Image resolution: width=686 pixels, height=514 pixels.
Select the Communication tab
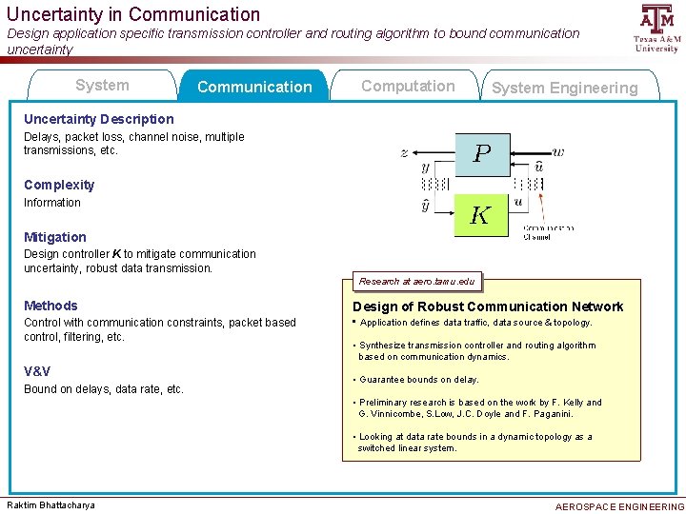click(254, 87)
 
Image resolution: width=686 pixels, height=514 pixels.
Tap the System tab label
click(102, 86)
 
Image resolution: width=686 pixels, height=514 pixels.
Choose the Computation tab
click(408, 86)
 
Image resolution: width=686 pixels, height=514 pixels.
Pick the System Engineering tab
click(565, 88)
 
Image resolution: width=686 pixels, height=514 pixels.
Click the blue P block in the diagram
click(482, 152)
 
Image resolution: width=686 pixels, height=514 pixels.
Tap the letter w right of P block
click(558, 151)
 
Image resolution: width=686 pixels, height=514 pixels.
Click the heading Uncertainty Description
click(99, 119)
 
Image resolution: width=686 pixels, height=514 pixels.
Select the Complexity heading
click(59, 185)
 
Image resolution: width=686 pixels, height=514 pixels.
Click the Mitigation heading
click(55, 237)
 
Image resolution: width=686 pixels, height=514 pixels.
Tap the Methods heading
click(50, 306)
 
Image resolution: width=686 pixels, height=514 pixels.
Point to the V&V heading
click(37, 371)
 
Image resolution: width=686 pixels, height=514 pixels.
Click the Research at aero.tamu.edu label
click(416, 282)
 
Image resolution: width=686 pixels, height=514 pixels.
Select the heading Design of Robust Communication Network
click(488, 306)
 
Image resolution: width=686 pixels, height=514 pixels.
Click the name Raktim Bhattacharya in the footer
click(51, 504)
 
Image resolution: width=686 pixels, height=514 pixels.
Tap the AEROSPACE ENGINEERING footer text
click(619, 506)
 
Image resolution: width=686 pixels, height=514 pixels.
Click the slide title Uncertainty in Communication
click(133, 14)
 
